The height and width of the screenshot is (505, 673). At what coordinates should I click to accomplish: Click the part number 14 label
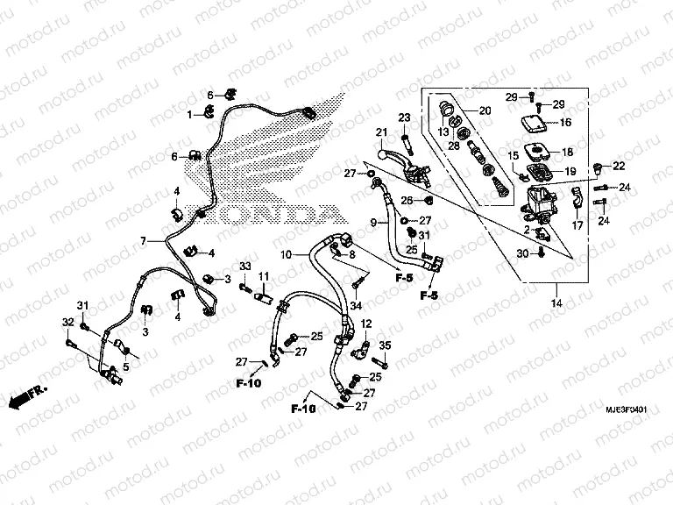(555, 303)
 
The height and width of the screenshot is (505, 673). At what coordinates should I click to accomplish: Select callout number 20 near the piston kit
(484, 110)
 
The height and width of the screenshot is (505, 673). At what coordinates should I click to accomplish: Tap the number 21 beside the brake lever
(381, 133)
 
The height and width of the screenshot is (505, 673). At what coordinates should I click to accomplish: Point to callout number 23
(405, 117)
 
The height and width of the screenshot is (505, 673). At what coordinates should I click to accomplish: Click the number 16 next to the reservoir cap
(565, 123)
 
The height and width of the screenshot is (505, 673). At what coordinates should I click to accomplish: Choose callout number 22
(619, 167)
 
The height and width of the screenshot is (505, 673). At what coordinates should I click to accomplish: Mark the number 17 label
(577, 225)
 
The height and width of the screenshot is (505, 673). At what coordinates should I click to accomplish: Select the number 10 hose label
(285, 254)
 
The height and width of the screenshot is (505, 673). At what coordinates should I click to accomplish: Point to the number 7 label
(141, 240)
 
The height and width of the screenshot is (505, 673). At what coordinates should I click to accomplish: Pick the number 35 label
(384, 345)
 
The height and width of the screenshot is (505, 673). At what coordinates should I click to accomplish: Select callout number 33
(246, 266)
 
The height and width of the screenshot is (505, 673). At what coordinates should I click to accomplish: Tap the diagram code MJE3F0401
(627, 410)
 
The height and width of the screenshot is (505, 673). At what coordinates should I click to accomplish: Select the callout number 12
(366, 324)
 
